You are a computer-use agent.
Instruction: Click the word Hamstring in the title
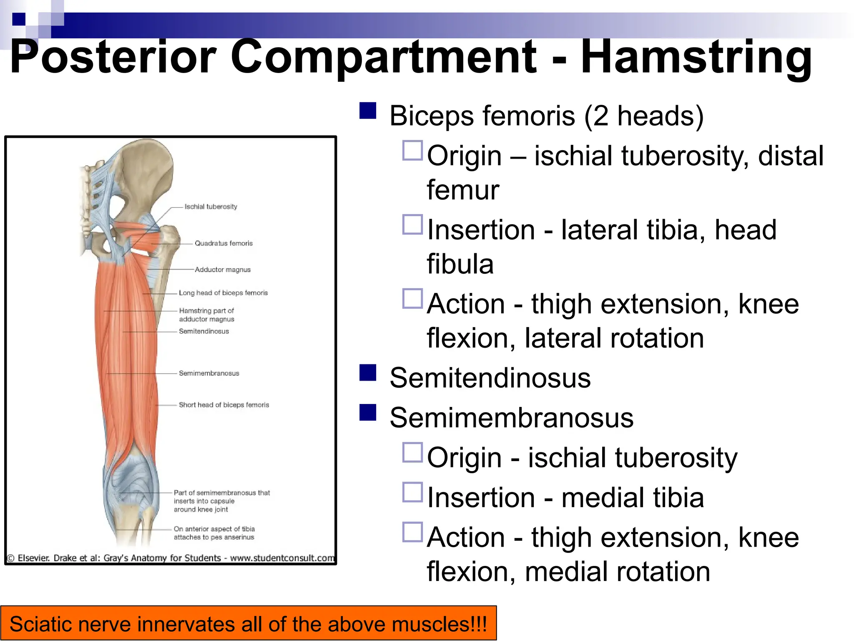pos(696,58)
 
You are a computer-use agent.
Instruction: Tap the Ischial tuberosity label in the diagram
pos(211,207)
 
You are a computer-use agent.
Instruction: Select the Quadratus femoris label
pos(224,243)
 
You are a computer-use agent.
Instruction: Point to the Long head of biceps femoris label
pos(223,293)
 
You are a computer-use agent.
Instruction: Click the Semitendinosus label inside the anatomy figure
pos(204,331)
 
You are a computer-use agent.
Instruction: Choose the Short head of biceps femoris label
pos(224,405)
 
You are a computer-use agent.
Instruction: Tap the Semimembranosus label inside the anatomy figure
pos(209,373)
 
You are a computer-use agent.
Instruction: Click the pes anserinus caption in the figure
pos(214,533)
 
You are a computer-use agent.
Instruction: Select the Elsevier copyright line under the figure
pos(171,558)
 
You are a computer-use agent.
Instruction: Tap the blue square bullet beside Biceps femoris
pos(368,111)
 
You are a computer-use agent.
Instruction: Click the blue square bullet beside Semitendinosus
pos(368,373)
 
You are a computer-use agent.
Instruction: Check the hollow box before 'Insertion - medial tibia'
pos(412,492)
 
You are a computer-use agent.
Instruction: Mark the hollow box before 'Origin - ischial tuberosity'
pos(412,452)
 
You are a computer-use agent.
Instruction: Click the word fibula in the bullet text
pos(460,264)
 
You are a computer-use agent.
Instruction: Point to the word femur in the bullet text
pos(463,190)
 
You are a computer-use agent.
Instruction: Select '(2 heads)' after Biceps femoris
pos(643,116)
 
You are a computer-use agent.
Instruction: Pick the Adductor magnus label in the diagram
pos(223,270)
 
